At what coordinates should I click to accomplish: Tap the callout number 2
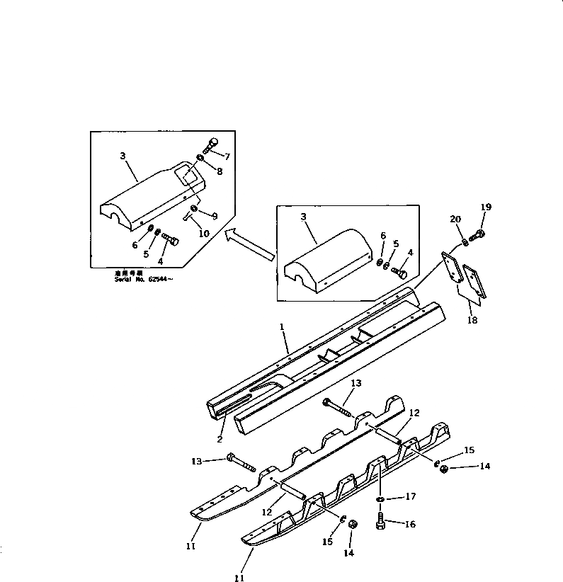[220, 440]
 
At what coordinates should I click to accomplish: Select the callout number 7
[227, 156]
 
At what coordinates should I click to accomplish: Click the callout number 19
[485, 207]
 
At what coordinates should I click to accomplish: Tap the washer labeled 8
[201, 157]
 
